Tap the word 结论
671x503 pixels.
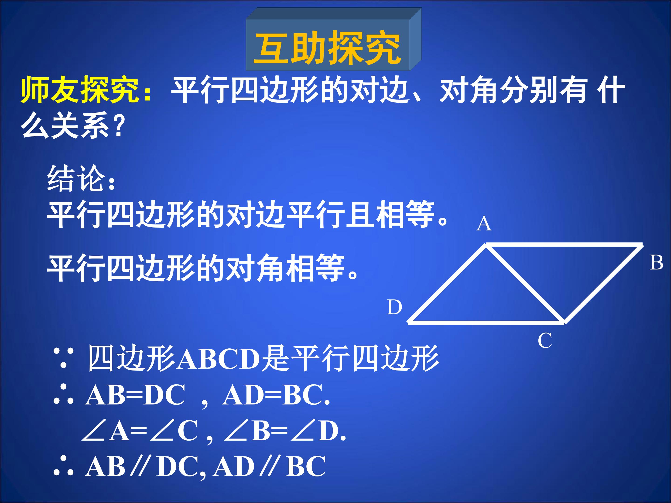click(76, 179)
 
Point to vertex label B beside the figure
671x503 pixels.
click(656, 263)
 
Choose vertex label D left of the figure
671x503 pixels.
click(394, 307)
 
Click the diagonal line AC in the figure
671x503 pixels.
click(525, 283)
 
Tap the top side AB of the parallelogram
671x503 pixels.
click(564, 244)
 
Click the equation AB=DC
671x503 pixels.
click(135, 395)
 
